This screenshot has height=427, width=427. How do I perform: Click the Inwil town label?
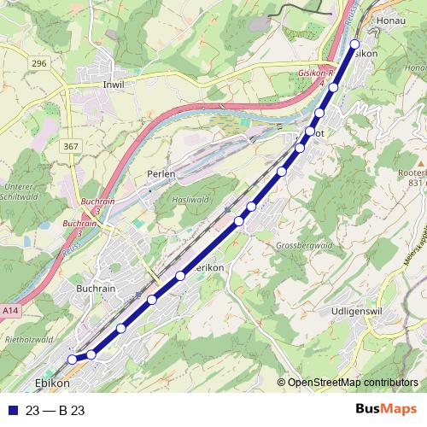pos(114,85)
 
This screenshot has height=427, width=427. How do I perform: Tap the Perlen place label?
pos(161,173)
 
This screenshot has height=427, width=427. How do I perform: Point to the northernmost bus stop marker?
pos(355,44)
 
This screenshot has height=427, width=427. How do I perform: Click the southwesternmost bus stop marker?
pos(73,360)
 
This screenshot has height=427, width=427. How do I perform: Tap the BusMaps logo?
pos(385,411)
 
